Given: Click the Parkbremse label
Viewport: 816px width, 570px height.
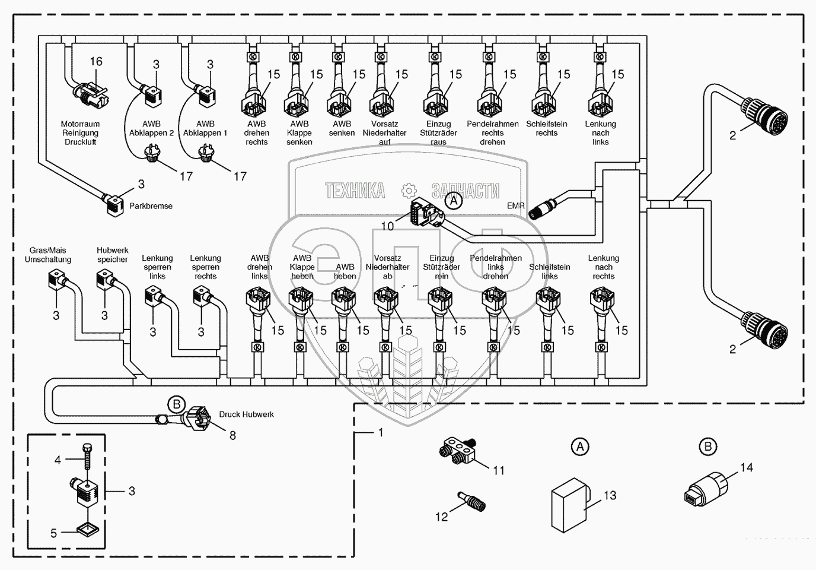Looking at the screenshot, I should click(x=151, y=206).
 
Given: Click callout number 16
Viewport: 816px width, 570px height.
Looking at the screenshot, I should click(x=95, y=61).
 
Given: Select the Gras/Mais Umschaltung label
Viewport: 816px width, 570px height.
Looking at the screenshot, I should click(x=48, y=255).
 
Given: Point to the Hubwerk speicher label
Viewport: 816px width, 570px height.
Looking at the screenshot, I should click(x=113, y=255).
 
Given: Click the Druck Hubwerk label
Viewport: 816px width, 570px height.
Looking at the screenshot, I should click(x=246, y=414).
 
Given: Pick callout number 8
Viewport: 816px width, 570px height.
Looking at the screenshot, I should click(x=232, y=436).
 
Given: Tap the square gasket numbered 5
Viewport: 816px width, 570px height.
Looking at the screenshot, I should click(x=88, y=528).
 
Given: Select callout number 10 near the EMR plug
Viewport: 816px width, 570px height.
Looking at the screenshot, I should click(x=387, y=226).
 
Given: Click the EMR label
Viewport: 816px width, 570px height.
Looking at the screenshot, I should click(x=516, y=205).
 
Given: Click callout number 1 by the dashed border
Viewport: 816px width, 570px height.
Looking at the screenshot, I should click(x=381, y=433).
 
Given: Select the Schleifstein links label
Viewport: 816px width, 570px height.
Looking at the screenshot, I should click(x=549, y=271).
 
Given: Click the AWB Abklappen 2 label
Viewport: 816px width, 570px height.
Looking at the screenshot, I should click(x=152, y=128).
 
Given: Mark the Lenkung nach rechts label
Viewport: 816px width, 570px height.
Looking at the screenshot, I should click(x=603, y=267).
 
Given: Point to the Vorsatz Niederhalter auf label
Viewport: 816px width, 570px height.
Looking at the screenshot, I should click(x=384, y=133).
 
